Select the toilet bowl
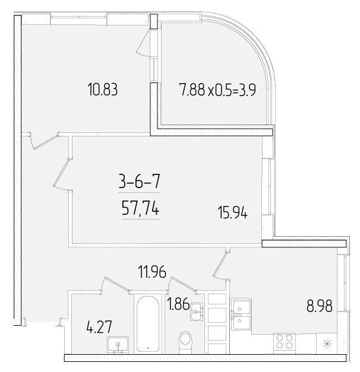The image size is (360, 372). [x=185, y=342]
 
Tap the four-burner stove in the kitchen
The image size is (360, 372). [x=284, y=342]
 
